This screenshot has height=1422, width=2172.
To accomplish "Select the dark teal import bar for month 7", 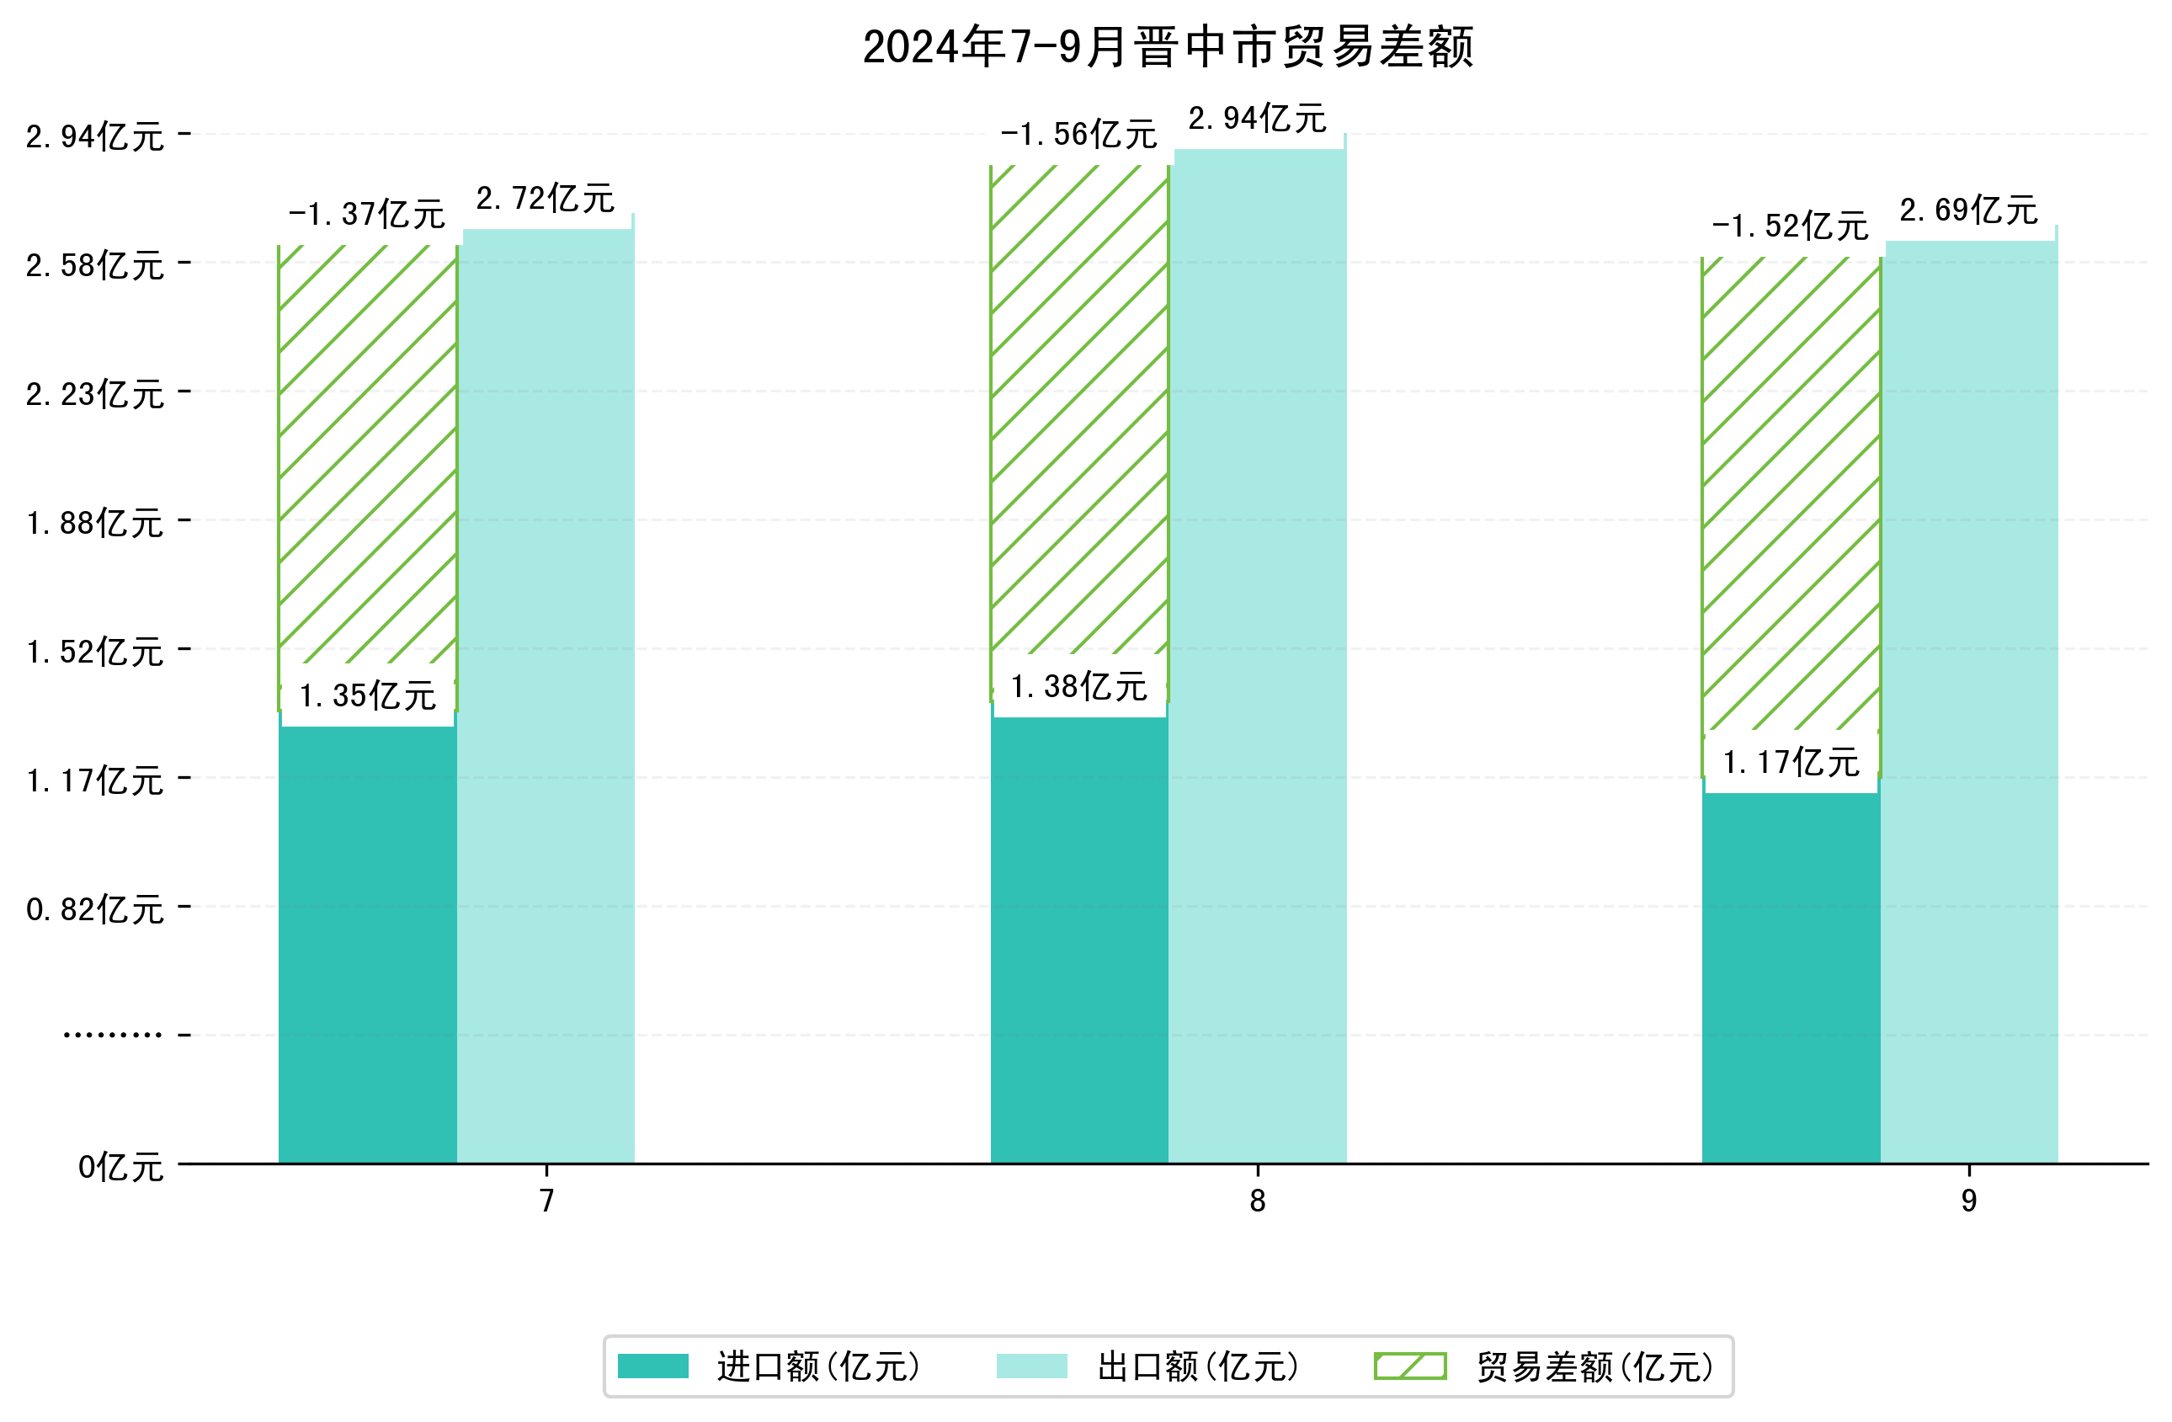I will (367, 940).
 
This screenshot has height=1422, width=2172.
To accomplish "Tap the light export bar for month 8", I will (1257, 658).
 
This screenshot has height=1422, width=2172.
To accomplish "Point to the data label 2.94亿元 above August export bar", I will (1257, 120).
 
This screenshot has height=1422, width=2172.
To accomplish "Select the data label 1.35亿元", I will (367, 696).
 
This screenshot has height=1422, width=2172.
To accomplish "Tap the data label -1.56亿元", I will (1078, 135).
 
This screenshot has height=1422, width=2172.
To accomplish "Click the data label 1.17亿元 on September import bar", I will (1791, 763).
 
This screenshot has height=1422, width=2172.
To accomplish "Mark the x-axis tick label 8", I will (1257, 1201).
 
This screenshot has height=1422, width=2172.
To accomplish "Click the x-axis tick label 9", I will (1968, 1201).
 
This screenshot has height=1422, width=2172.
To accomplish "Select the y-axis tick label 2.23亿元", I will (95, 395).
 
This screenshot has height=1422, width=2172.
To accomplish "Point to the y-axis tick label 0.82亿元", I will (95, 910).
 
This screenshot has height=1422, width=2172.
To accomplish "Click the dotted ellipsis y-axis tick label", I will (112, 1035).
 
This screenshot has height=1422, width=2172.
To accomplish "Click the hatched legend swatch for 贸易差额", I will (1410, 1366).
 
